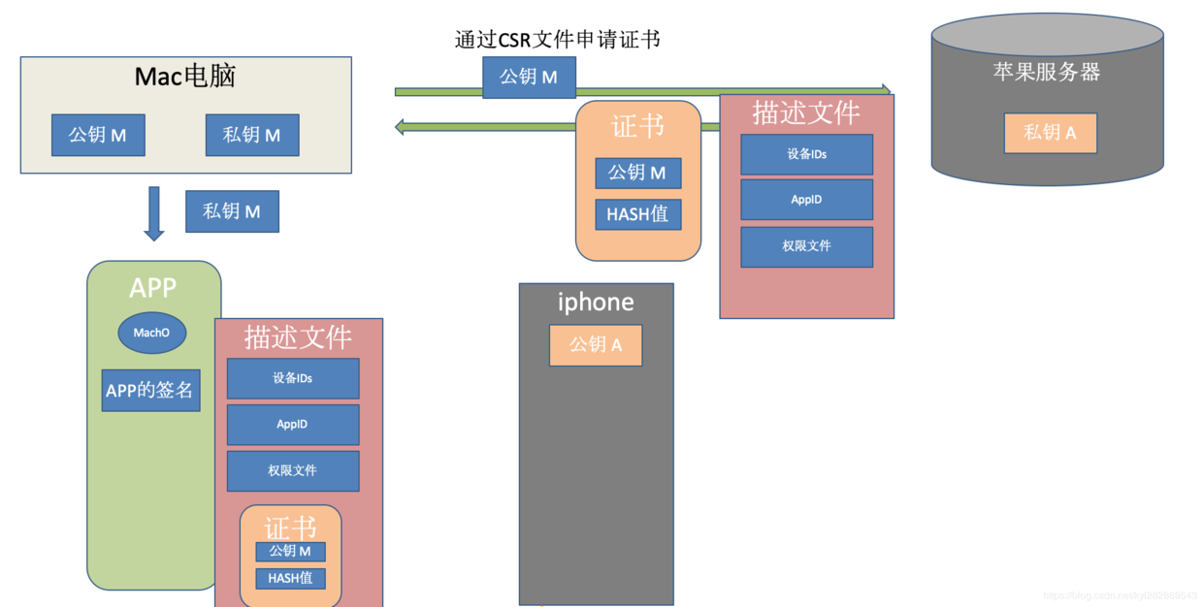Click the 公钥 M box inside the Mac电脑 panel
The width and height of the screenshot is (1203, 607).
click(x=98, y=136)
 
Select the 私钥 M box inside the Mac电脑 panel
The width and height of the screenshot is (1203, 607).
click(x=252, y=136)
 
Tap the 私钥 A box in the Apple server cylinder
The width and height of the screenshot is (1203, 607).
click(x=1051, y=133)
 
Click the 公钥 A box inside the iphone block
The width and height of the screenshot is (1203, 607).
click(x=596, y=344)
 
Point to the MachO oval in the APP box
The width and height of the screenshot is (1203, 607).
click(x=152, y=333)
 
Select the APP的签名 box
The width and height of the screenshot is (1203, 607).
click(x=150, y=391)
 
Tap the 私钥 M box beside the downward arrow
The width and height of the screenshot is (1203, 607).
click(x=232, y=211)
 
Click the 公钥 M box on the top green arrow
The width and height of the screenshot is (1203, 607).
click(x=529, y=77)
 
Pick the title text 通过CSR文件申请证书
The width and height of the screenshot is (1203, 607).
click(x=558, y=40)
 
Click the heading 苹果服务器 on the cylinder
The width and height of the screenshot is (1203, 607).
click(x=1047, y=72)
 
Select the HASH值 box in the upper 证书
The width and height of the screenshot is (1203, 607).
click(x=638, y=214)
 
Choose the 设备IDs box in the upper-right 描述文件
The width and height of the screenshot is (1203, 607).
click(x=806, y=154)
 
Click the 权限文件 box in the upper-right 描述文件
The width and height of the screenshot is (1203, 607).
click(x=806, y=246)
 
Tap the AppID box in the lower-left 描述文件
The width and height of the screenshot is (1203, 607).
click(x=292, y=425)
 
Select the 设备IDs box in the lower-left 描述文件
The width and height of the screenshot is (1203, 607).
click(x=292, y=378)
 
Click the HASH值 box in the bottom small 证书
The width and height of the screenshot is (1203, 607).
click(x=290, y=578)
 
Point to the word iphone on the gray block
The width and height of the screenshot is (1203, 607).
click(x=596, y=302)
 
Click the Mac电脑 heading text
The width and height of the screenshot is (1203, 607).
click(x=185, y=77)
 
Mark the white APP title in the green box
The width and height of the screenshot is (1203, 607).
click(x=153, y=288)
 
